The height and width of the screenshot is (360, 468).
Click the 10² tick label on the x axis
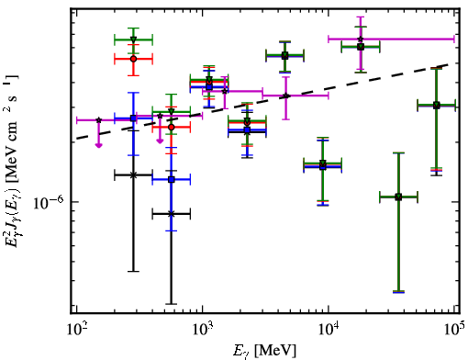click(76, 330)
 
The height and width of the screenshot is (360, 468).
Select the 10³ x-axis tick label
click(202, 330)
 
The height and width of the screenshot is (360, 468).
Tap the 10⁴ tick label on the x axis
click(329, 330)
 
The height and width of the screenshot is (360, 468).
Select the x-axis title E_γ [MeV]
click(264, 351)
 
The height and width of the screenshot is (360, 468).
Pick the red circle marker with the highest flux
click(133, 59)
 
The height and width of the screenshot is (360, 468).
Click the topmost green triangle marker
click(133, 39)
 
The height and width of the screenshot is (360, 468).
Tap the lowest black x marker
click(172, 214)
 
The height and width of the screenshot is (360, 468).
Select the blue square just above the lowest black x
click(172, 179)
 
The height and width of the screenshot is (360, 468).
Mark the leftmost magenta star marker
click(98, 120)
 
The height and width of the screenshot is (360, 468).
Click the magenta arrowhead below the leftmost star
click(98, 145)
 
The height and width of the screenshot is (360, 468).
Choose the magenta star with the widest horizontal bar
click(361, 39)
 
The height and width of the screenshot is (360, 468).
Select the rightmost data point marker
click(437, 106)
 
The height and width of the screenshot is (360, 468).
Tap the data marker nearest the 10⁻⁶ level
click(398, 197)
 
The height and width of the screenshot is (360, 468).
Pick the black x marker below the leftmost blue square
click(133, 175)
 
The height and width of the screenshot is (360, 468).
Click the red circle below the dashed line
click(172, 127)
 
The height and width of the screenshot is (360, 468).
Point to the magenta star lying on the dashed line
click(285, 96)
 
